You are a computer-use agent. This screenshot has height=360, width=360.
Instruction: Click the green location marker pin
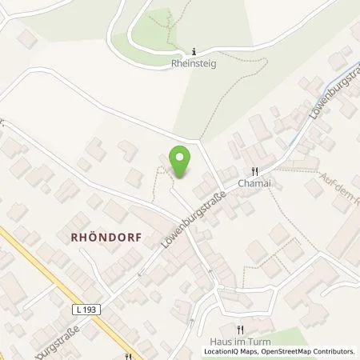click(x=181, y=162)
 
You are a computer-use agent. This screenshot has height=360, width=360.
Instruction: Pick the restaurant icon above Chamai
click(x=254, y=170)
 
